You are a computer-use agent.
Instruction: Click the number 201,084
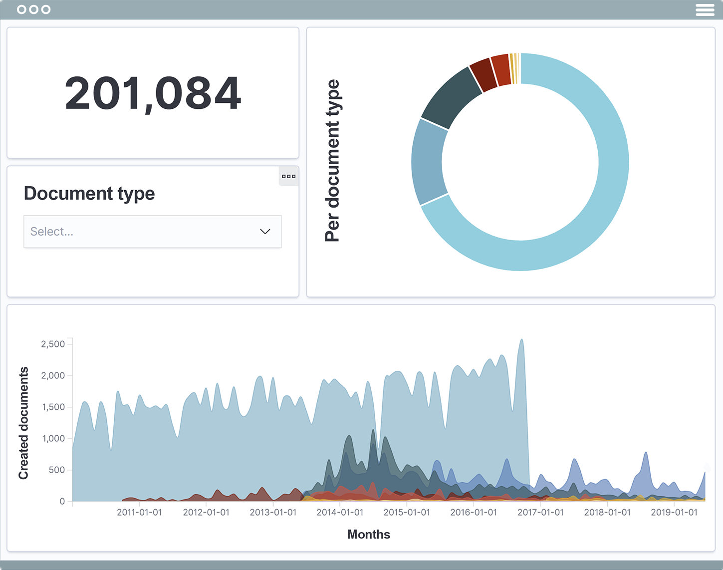click(x=153, y=93)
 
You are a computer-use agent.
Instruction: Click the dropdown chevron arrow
click(x=265, y=232)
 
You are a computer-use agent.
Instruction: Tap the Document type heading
click(x=89, y=193)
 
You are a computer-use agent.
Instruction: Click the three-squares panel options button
click(x=288, y=176)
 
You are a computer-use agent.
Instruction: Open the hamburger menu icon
click(x=705, y=10)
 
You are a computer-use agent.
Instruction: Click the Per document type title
click(x=332, y=161)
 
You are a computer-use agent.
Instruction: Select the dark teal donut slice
click(x=450, y=98)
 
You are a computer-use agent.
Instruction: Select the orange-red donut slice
click(x=501, y=70)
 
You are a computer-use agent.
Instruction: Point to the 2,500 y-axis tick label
click(x=53, y=344)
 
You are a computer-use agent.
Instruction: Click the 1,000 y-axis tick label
click(x=53, y=438)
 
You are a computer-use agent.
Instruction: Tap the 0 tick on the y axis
click(x=62, y=501)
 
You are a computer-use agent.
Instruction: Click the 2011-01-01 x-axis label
click(x=139, y=513)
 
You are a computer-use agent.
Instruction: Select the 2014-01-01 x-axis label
click(x=340, y=513)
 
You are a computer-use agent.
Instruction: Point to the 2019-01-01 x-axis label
click(x=674, y=513)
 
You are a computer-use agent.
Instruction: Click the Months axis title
click(x=369, y=535)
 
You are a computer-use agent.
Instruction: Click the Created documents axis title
click(x=23, y=423)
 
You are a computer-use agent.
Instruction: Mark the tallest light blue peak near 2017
click(x=521, y=340)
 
